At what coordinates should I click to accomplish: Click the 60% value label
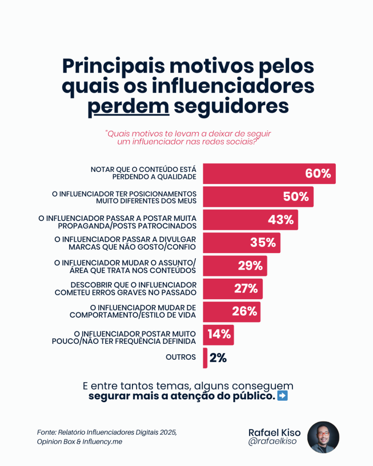tap(318, 174)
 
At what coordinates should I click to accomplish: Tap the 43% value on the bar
tap(281, 219)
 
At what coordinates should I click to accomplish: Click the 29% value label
tap(250, 266)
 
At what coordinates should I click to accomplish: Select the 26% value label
tap(245, 311)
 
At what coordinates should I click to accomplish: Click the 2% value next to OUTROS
tap(218, 357)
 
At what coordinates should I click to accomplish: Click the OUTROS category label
tap(181, 357)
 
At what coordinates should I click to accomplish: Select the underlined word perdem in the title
tap(128, 106)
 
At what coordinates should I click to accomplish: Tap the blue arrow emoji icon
tap(282, 397)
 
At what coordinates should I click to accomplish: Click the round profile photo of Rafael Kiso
tap(323, 437)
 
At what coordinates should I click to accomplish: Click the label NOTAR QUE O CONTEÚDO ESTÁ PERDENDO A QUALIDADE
tap(144, 173)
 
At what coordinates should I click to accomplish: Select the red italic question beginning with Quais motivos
tap(188, 137)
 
